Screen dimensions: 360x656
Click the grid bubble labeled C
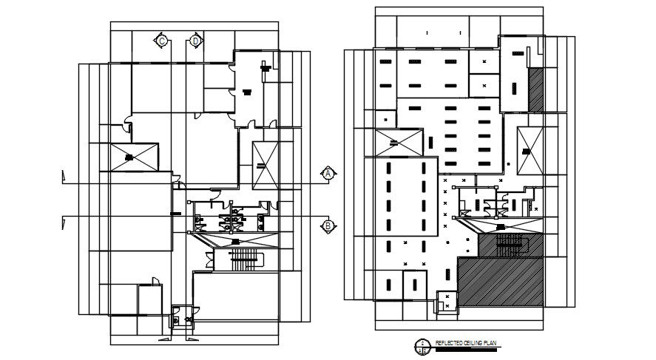[161, 41]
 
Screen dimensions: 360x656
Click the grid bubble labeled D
[195, 41]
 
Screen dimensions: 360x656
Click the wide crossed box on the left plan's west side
[130, 157]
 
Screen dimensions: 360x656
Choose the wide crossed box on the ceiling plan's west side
[396, 141]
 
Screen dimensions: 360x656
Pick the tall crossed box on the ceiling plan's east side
[528, 150]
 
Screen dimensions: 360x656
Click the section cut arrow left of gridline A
[64, 178]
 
